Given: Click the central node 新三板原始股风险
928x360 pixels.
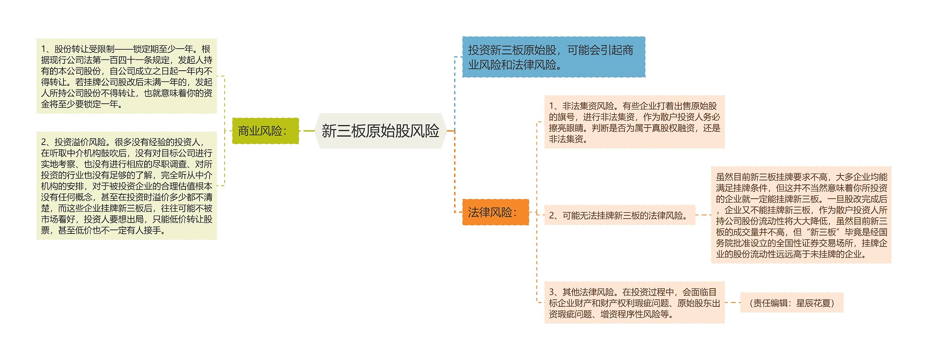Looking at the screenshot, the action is click(x=380, y=131).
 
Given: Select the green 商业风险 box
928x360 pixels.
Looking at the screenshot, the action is click(x=265, y=131).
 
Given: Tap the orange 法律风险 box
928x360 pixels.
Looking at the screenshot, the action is click(x=495, y=212).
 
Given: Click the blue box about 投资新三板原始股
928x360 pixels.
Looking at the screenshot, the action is click(x=553, y=57).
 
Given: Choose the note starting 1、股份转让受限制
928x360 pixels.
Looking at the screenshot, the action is click(x=127, y=76).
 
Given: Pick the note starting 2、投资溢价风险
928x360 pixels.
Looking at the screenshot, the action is click(x=127, y=186).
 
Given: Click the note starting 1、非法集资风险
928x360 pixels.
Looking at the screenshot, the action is click(x=634, y=122).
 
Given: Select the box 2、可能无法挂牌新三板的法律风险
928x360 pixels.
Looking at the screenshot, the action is click(x=620, y=215).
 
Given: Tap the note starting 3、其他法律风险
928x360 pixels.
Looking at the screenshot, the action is click(x=634, y=303).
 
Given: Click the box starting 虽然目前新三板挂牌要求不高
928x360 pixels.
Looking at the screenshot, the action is click(x=801, y=215).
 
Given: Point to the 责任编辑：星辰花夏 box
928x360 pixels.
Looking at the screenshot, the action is click(x=791, y=303).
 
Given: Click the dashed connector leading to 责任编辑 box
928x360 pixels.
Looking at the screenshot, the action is click(x=732, y=302).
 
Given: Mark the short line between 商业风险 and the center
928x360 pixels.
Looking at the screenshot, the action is click(x=308, y=131).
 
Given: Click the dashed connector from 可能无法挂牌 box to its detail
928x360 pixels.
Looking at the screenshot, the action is click(x=703, y=215).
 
